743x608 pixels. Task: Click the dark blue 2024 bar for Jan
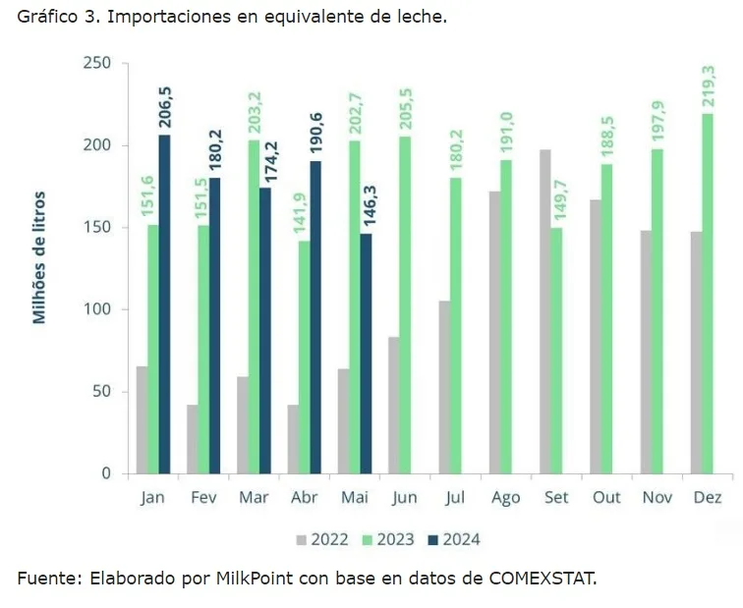point(164,304)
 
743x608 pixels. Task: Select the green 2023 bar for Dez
point(707,294)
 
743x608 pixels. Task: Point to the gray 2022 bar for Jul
point(444,387)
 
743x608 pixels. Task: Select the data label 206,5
point(164,107)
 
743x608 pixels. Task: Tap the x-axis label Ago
point(505,497)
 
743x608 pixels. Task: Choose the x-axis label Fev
point(203,497)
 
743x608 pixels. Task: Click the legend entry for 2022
point(323,539)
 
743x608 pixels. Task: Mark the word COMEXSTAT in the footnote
point(542,579)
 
